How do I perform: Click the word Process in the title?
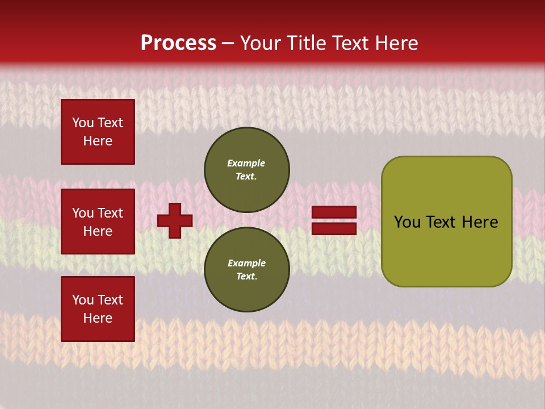(x=178, y=43)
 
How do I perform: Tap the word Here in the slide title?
(x=395, y=43)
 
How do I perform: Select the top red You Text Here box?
(x=98, y=132)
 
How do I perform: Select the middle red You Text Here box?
(x=98, y=222)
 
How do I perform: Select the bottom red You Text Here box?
(x=98, y=308)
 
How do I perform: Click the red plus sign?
(x=175, y=220)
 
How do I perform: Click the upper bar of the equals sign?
(x=334, y=212)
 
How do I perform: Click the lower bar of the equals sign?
(x=334, y=228)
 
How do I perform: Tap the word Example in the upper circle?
(x=246, y=163)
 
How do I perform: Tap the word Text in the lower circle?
(x=246, y=276)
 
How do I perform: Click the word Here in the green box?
(x=480, y=222)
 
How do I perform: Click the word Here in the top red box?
(x=98, y=141)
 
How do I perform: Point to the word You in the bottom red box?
(x=83, y=300)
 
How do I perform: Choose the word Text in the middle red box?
(x=110, y=213)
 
